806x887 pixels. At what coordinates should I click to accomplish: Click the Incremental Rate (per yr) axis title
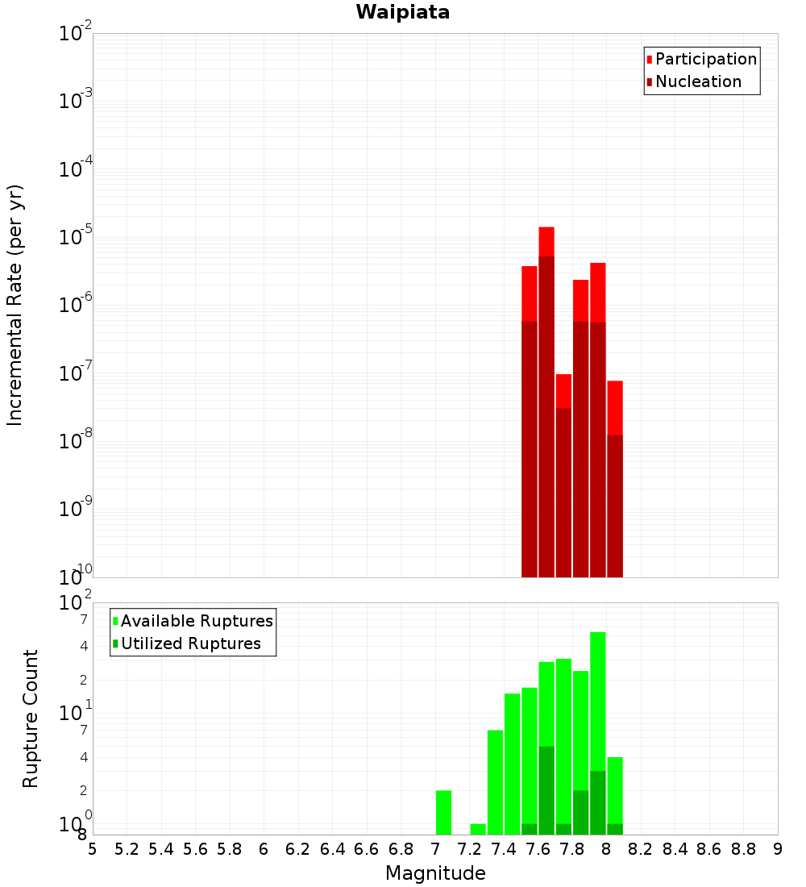[15, 306]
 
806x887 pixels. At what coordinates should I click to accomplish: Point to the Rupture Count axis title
[31, 718]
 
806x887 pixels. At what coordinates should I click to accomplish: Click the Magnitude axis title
[435, 873]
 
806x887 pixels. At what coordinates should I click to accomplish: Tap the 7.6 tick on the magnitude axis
[538, 849]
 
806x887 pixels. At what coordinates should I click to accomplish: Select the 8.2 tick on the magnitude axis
[641, 849]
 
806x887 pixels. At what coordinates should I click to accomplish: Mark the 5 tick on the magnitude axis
[93, 849]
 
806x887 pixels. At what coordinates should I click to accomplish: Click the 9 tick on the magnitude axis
[778, 849]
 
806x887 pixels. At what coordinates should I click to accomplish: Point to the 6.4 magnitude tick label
[333, 849]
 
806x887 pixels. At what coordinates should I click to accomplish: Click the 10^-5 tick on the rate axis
[77, 237]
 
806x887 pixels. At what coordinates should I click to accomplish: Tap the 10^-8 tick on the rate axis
[77, 441]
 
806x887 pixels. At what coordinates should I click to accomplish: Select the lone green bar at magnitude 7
[443, 813]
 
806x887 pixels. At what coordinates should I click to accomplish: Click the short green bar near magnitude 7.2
[478, 829]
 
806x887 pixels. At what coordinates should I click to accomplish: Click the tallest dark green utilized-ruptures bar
[546, 790]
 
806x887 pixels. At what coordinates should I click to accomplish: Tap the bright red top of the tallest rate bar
[546, 241]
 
